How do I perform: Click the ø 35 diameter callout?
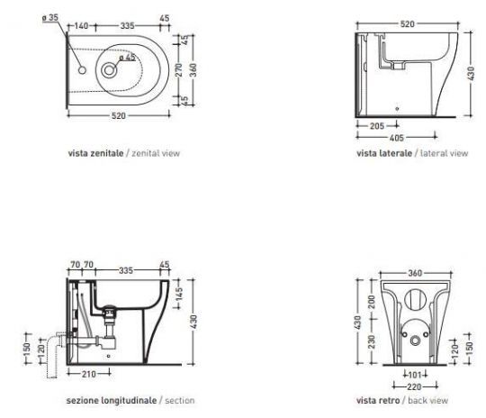tap(50, 18)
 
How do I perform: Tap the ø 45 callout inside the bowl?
tap(127, 58)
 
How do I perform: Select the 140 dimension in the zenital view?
tap(81, 25)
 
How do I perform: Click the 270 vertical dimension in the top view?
tap(179, 70)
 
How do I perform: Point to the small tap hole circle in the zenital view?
tap(82, 70)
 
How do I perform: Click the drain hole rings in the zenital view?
tap(109, 70)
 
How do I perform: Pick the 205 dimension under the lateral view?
tap(377, 126)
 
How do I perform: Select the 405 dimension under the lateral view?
tap(396, 138)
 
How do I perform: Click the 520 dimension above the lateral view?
tap(407, 24)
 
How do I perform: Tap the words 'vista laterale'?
tap(384, 153)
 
